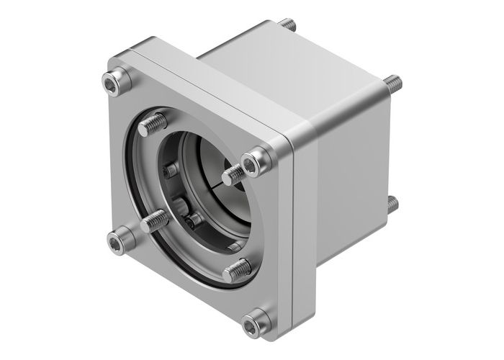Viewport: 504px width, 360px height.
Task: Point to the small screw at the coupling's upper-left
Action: tap(171, 171)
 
